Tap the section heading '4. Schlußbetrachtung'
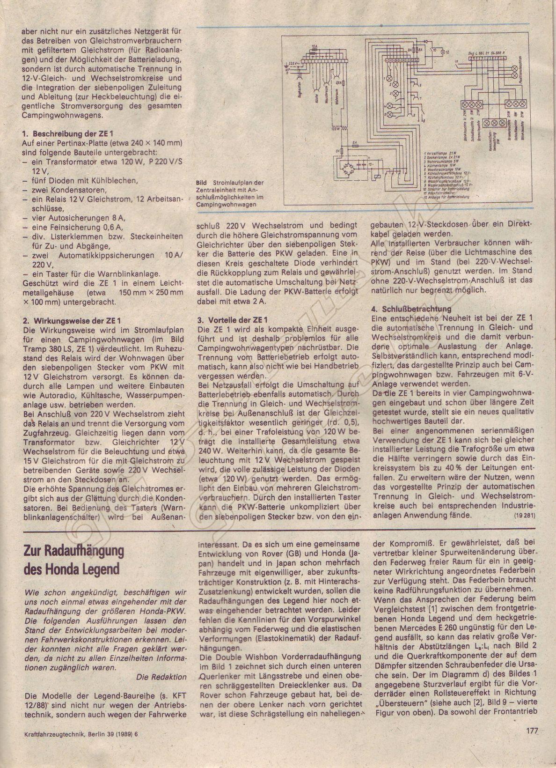411,309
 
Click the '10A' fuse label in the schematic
314,46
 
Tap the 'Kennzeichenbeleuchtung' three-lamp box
492,123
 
